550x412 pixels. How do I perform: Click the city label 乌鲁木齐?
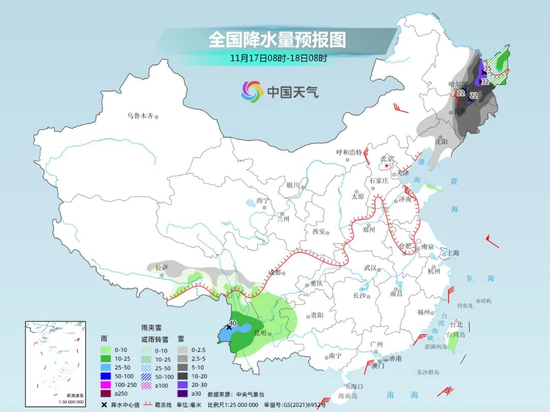[x=140, y=116]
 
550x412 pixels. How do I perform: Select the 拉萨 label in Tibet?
[x=161, y=268]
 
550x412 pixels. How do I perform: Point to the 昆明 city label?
[x=260, y=333]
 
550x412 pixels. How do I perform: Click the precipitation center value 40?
[x=233, y=322]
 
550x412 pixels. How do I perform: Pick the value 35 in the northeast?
[x=487, y=68]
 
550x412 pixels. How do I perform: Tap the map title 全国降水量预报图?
[x=277, y=39]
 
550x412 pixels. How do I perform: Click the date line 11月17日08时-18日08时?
[x=277, y=57]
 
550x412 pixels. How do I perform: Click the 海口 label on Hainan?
[x=356, y=387]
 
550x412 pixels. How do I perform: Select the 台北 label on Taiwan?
[x=456, y=324]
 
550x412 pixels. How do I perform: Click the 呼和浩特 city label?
[x=349, y=152]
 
